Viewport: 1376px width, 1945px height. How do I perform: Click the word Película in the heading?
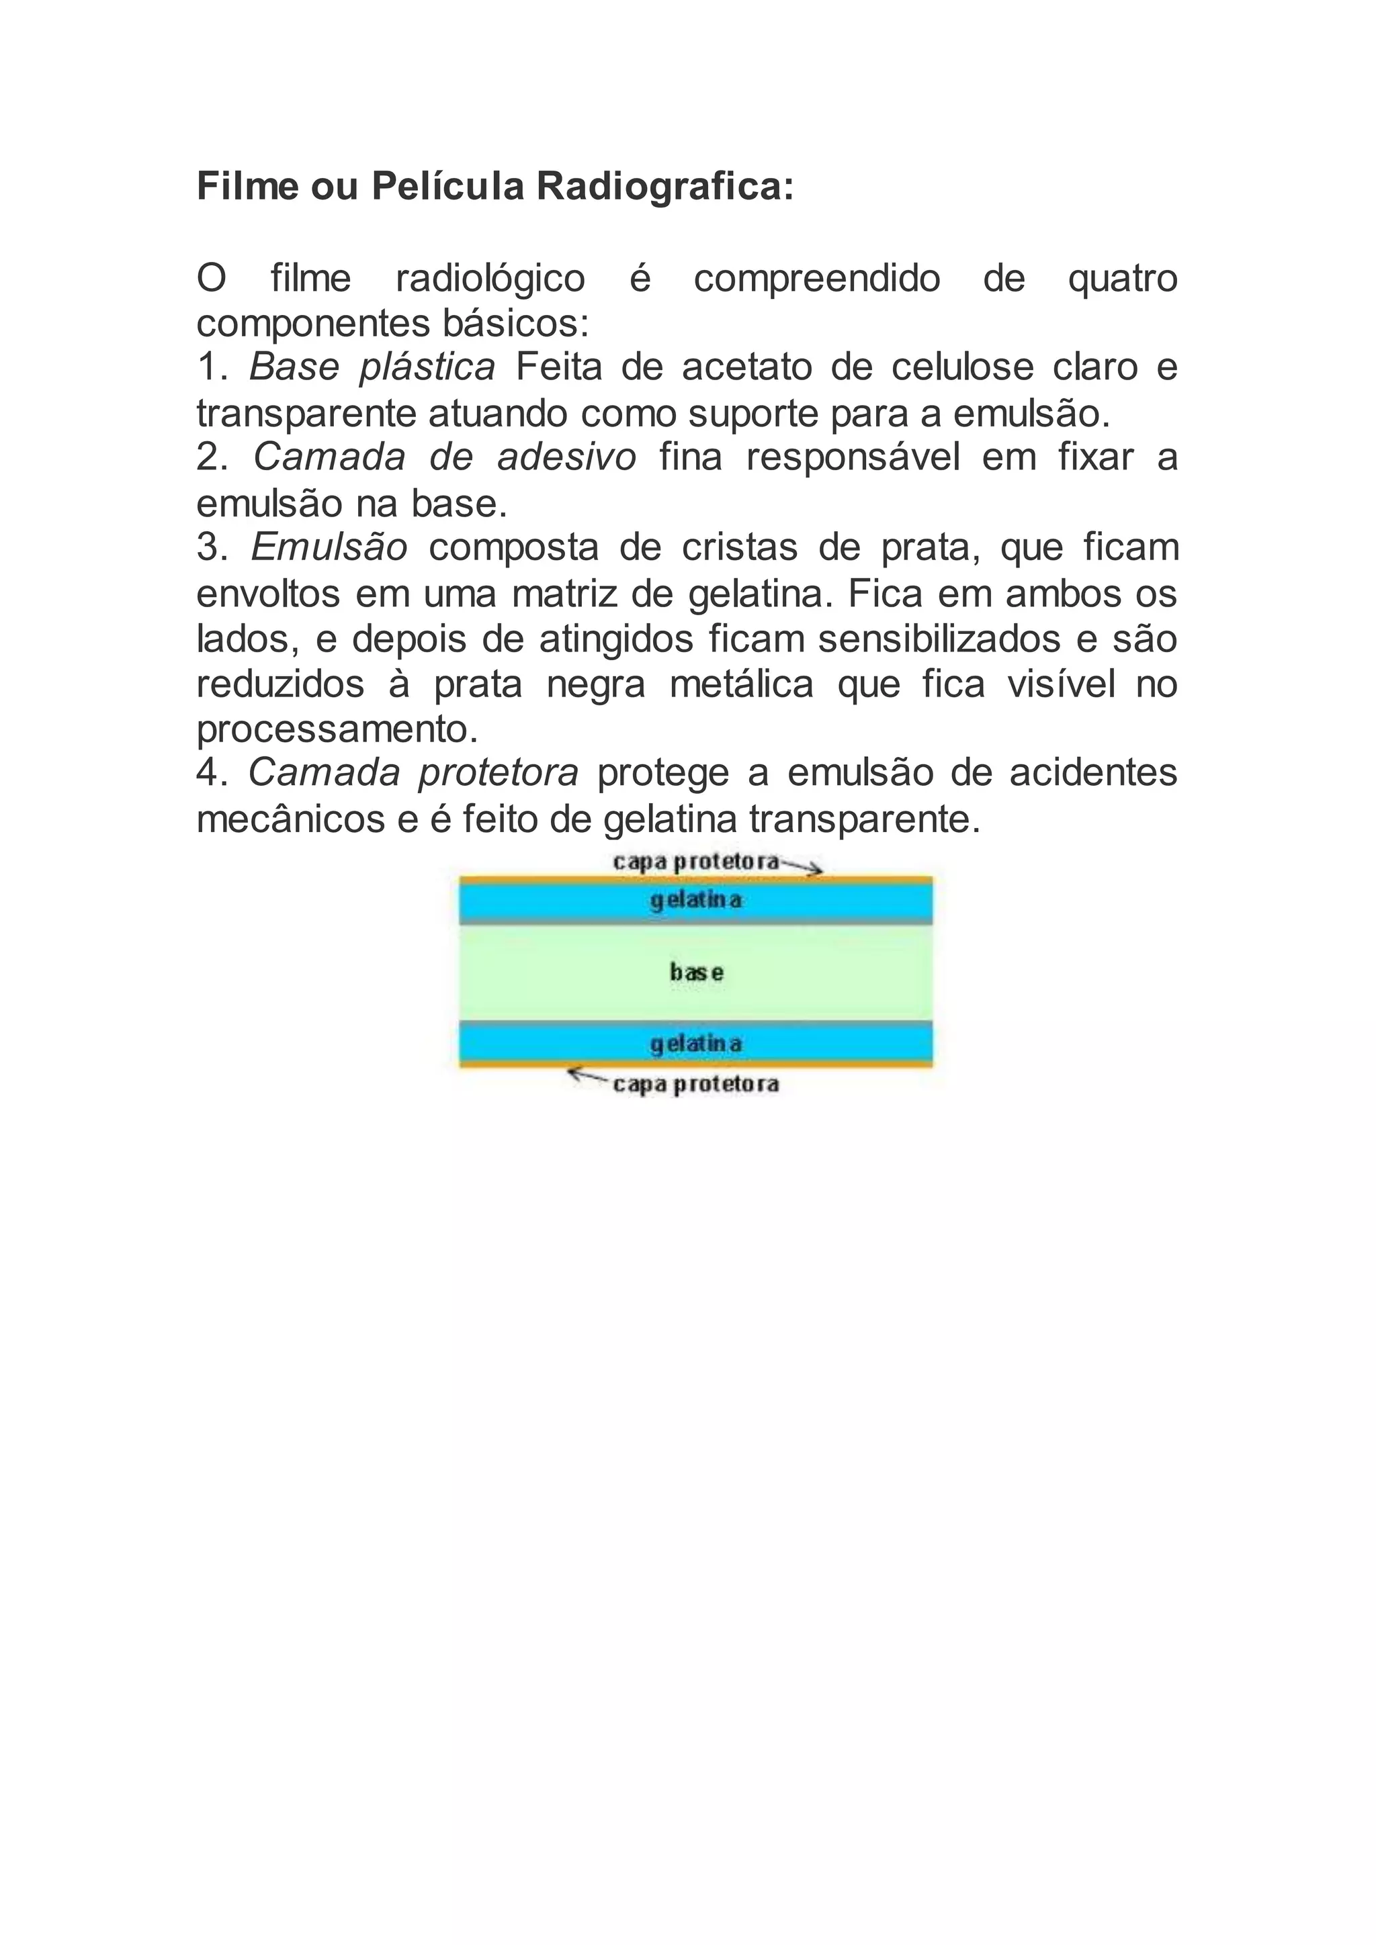[x=448, y=187]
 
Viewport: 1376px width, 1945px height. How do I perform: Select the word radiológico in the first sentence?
[x=490, y=279]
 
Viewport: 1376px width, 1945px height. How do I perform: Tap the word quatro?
[x=1123, y=279]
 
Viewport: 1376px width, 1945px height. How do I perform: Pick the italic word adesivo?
[x=567, y=458]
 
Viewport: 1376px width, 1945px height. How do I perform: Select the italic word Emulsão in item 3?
[x=330, y=548]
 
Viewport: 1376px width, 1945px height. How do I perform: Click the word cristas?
[x=740, y=548]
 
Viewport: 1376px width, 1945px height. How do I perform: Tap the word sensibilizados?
[x=940, y=639]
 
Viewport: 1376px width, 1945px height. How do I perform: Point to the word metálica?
[x=741, y=684]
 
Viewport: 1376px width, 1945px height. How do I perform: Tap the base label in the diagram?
[x=697, y=972]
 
